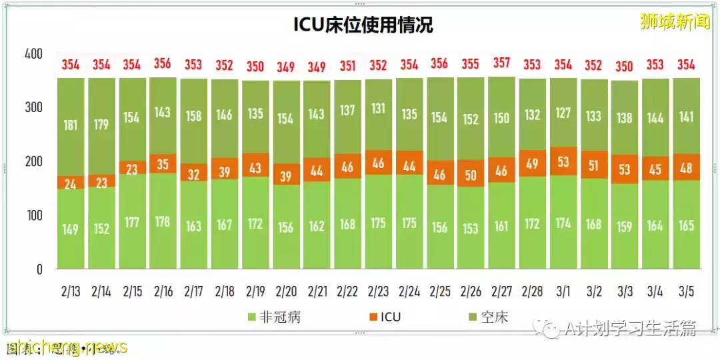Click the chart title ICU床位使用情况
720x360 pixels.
363,25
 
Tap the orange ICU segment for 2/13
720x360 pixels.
71,183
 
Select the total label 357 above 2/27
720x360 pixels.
501,63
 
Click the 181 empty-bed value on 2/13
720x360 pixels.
71,125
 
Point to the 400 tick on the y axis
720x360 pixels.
33,54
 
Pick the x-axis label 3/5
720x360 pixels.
686,291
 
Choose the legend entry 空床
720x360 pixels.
493,317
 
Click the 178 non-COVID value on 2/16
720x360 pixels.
163,221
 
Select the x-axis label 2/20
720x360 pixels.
286,291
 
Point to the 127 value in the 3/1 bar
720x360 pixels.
563,113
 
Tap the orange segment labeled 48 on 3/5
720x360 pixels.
686,167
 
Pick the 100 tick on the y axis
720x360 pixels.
33,215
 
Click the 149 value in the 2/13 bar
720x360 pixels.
71,229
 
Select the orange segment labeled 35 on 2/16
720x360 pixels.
163,163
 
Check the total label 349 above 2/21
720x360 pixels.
317,67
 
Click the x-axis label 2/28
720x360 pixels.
532,291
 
